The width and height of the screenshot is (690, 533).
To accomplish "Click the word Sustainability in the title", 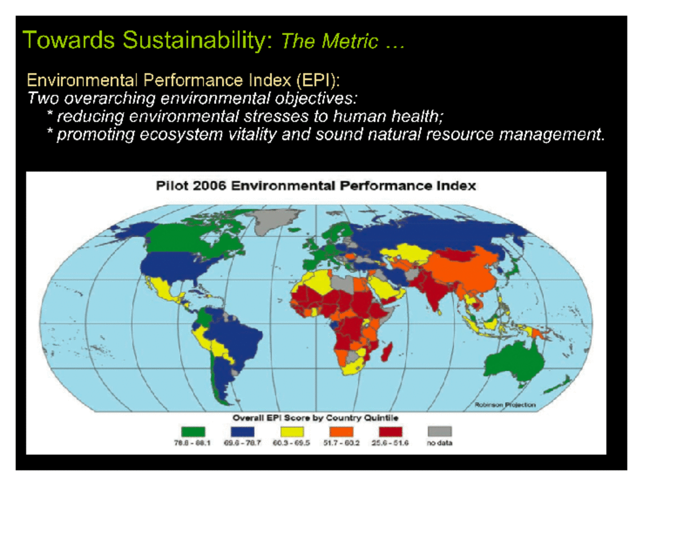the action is point(197,41).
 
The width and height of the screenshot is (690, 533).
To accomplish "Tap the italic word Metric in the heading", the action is point(349,41).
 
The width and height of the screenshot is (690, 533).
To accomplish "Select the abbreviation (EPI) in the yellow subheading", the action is point(318,80).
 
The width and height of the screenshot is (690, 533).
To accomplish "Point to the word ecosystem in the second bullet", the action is point(181,134).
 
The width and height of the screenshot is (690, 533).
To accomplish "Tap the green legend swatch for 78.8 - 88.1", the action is point(193,432).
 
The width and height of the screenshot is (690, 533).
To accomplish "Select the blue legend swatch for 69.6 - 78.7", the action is point(242,432).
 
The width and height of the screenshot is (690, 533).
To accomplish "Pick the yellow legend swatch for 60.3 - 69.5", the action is point(292,432).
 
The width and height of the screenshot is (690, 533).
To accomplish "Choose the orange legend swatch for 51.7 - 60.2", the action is point(341,432).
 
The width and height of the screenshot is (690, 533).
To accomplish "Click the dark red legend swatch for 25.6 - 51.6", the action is point(390,432).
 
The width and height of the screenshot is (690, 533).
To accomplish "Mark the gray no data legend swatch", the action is point(440,432).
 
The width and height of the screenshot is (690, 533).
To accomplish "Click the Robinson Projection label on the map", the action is point(505,405).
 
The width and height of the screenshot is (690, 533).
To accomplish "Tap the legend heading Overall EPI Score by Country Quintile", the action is point(315,418).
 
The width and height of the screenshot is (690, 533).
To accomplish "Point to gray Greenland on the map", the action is point(273,219).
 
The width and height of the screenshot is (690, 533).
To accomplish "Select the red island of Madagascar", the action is point(387,352).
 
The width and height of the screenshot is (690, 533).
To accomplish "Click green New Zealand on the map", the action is point(556,385).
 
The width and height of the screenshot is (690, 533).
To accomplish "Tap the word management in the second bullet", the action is point(551,134).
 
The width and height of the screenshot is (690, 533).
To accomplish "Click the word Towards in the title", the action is point(69,41).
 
